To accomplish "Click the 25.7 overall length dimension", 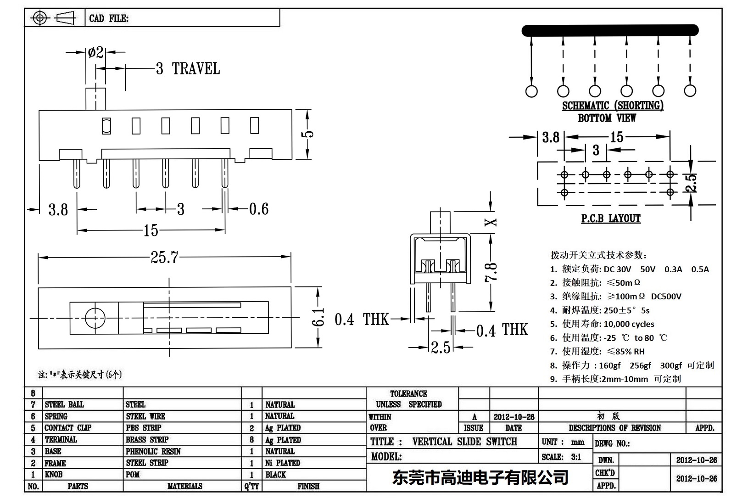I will (x=164, y=257).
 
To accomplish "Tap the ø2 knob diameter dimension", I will (x=95, y=53).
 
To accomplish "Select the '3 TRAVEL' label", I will (x=188, y=69).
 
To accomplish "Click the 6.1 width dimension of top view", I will (x=318, y=317).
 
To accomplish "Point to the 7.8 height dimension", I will (x=491, y=272).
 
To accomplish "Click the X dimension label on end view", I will (x=491, y=222).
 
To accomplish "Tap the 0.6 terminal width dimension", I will (x=258, y=209).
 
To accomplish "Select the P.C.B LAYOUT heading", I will (x=610, y=219).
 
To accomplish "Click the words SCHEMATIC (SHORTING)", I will (x=613, y=106).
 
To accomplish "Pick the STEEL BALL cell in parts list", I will (x=64, y=404).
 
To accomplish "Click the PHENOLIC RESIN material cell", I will (x=153, y=451).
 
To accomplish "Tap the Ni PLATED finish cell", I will (x=282, y=463).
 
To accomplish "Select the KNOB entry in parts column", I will (x=54, y=474).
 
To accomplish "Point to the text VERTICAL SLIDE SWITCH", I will (x=464, y=442).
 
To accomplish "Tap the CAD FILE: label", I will (x=109, y=18).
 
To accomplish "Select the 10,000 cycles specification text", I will (x=629, y=324).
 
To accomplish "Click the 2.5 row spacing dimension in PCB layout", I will (x=692, y=183).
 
